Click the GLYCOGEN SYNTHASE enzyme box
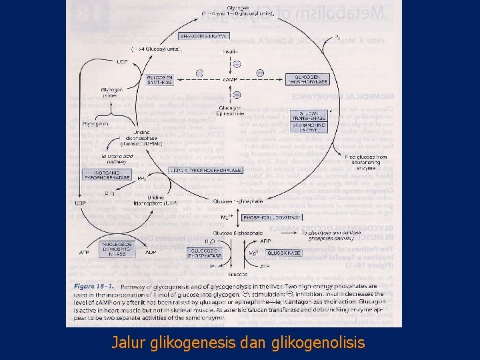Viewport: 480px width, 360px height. [x=160, y=79]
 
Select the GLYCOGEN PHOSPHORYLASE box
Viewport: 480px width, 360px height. [x=307, y=79]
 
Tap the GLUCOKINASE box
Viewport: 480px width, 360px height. [x=285, y=253]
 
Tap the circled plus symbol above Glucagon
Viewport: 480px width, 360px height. [x=237, y=96]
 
